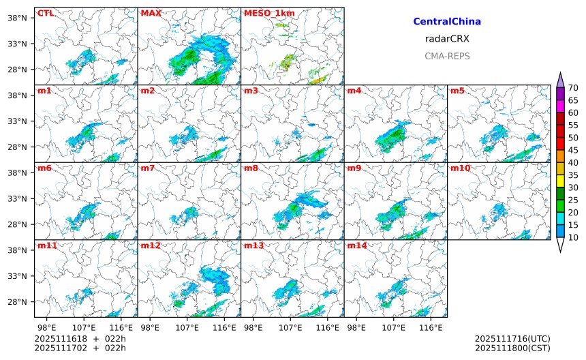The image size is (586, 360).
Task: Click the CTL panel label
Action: click(44, 13)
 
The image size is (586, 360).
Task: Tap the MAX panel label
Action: click(151, 13)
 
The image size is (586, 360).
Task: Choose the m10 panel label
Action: click(460, 168)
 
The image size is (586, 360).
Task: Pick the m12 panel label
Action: click(150, 245)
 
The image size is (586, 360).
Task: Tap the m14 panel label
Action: click(357, 245)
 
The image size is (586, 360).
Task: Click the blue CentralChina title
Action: click(447, 22)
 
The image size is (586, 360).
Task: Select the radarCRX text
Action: click(447, 39)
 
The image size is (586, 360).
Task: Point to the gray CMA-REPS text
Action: click(447, 56)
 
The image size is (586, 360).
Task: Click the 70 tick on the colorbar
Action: click(573, 87)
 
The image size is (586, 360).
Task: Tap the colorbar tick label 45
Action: click(573, 150)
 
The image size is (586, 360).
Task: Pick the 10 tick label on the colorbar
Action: click(573, 237)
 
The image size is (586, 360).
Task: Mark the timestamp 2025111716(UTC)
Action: click(512, 339)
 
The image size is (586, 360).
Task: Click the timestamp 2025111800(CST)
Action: click(512, 348)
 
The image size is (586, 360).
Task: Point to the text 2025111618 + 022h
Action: click(80, 339)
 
